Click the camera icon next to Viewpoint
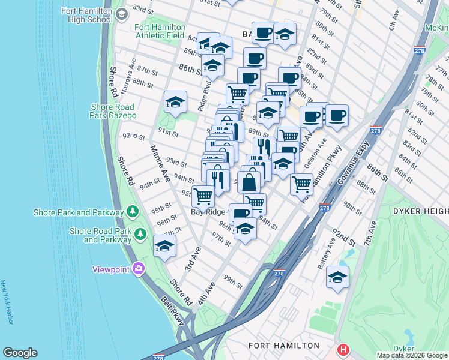[x=139, y=269]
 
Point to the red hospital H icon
[x=343, y=349]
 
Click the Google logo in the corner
[x=20, y=353]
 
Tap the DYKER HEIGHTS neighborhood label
[x=421, y=211]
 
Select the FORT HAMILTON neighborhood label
[x=284, y=346]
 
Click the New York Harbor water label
[x=7, y=303]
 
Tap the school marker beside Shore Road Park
[x=164, y=247]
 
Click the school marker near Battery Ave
[x=337, y=278]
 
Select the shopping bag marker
[x=249, y=181]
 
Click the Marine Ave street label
[x=160, y=163]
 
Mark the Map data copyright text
[x=411, y=355]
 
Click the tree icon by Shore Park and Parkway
[x=131, y=212]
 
